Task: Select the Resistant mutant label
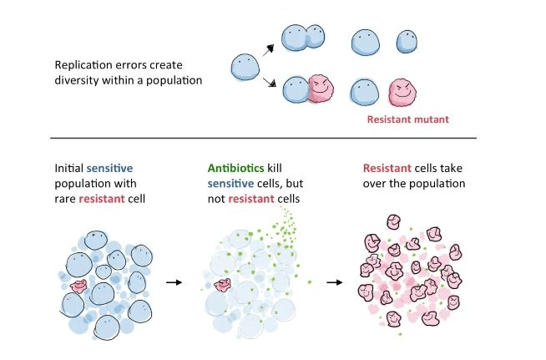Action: [408, 119]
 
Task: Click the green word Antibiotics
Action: [229, 170]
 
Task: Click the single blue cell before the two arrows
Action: [244, 67]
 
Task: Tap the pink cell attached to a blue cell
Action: [318, 90]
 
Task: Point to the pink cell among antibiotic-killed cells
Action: [223, 285]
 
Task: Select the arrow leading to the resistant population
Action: [333, 282]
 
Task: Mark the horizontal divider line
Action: [263, 138]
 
